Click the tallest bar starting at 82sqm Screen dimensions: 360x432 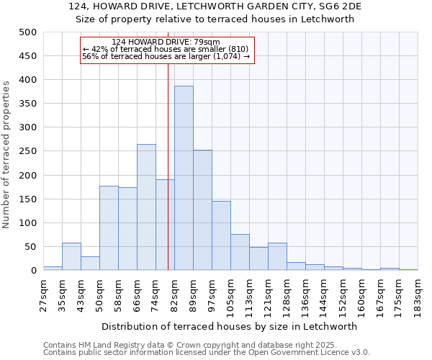point(184,178)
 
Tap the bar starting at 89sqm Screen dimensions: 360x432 point(202,210)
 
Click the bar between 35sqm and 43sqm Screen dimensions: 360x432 point(71,256)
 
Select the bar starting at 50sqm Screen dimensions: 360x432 point(109,228)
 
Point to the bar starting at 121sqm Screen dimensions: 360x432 point(277,256)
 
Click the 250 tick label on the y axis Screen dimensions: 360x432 point(28,151)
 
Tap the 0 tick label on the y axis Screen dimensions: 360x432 point(33,271)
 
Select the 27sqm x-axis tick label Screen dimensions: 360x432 point(43,294)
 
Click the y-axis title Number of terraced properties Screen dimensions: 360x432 point(7,154)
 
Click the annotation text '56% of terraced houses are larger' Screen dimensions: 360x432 point(166,56)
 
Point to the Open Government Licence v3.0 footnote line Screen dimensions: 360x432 point(206,352)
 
